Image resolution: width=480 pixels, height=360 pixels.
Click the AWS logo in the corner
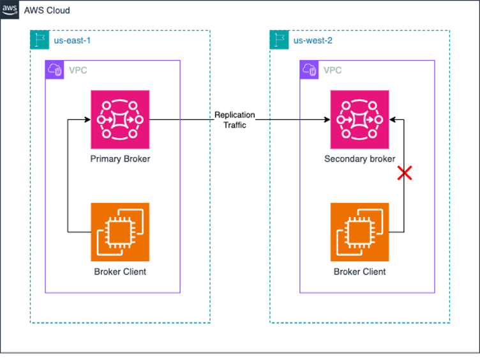[10, 10]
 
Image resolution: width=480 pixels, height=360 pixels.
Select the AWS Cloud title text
[47, 11]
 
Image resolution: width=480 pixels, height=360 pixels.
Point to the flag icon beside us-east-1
[40, 40]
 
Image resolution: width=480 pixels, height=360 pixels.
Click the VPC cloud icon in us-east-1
[55, 70]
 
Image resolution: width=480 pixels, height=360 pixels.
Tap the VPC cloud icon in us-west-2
[310, 70]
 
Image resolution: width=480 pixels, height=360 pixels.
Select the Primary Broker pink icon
[120, 119]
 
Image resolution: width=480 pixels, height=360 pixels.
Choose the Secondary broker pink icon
[359, 119]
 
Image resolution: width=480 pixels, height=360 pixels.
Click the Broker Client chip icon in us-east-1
[120, 232]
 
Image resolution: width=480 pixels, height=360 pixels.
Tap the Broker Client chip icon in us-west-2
[359, 232]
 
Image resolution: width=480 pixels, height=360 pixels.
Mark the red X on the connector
[403, 172]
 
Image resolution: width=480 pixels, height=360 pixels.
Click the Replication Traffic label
[234, 120]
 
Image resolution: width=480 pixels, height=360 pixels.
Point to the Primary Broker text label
[120, 159]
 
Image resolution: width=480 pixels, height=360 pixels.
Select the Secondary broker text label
[359, 159]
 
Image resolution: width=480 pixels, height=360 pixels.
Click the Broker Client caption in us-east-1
[120, 272]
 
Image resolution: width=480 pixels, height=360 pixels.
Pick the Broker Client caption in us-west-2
[359, 272]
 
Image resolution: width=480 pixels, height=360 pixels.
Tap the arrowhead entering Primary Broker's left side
[87, 119]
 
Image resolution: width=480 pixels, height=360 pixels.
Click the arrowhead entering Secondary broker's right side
[393, 119]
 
